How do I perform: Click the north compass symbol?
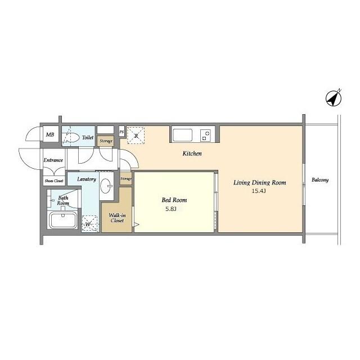tap(334, 98)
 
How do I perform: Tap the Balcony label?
tap(320, 180)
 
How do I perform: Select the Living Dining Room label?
tap(260, 183)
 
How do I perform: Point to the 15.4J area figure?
tap(259, 191)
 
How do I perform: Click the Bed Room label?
tap(174, 200)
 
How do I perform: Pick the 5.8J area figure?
tap(171, 209)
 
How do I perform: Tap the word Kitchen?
tap(192, 154)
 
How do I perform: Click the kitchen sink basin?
tap(182, 135)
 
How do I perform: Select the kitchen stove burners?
tap(205, 136)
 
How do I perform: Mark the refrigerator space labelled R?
tap(136, 135)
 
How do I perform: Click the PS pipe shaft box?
tap(121, 132)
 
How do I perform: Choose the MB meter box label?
tap(50, 134)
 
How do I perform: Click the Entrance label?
tap(53, 160)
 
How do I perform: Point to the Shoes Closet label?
tap(54, 181)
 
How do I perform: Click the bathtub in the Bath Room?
tap(64, 220)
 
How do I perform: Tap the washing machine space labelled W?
tap(90, 224)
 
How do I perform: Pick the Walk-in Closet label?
tap(117, 218)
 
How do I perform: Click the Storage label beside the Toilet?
tap(106, 141)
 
